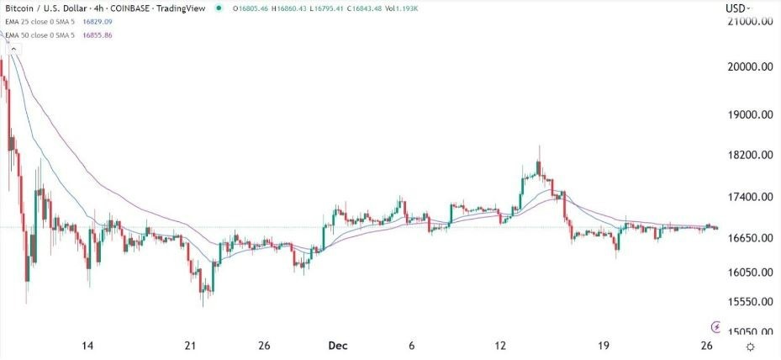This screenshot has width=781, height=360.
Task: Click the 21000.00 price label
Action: coord(750,23)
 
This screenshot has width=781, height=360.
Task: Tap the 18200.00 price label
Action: coord(750,156)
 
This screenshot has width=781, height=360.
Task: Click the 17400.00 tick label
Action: coord(750,198)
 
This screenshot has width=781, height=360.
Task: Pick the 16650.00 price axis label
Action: coord(750,239)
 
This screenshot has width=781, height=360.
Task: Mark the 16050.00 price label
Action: coord(750,273)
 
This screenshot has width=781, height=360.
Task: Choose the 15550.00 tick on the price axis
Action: coord(750,301)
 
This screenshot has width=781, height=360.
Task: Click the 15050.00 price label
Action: coord(750,332)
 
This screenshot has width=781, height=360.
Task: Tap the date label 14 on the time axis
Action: coord(87,347)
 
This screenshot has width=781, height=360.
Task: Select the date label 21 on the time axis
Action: coord(191,347)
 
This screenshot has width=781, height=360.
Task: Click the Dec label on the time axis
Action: coord(336,347)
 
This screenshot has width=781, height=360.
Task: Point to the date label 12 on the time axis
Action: coord(501,347)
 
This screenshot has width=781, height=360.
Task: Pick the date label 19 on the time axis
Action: coord(604,347)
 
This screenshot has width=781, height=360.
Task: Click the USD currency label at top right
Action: coord(736,8)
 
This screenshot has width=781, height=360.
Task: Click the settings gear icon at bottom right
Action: coord(750,347)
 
